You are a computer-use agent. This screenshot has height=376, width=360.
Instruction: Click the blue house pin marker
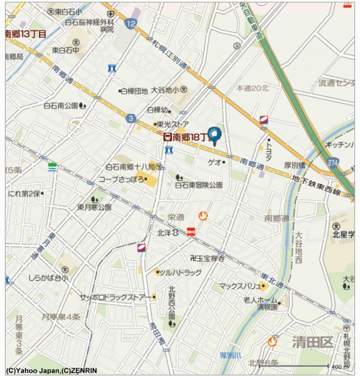214,134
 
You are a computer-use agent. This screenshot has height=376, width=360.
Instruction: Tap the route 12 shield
130,24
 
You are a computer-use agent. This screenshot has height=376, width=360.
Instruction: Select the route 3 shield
130,118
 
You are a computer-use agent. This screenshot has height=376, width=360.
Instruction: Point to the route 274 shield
331,162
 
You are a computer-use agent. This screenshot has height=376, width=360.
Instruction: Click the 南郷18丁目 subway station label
186,136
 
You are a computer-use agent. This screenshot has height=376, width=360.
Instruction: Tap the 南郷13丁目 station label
25,34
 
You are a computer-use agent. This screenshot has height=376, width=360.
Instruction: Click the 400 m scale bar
301,365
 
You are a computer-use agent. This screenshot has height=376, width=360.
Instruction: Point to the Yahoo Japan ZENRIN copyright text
51,370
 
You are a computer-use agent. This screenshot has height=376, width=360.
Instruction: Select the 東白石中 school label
65,50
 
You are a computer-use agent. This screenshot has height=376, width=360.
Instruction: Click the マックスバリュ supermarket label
239,286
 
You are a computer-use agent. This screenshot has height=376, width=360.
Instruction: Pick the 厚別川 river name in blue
231,355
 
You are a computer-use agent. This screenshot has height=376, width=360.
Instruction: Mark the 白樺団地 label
134,90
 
